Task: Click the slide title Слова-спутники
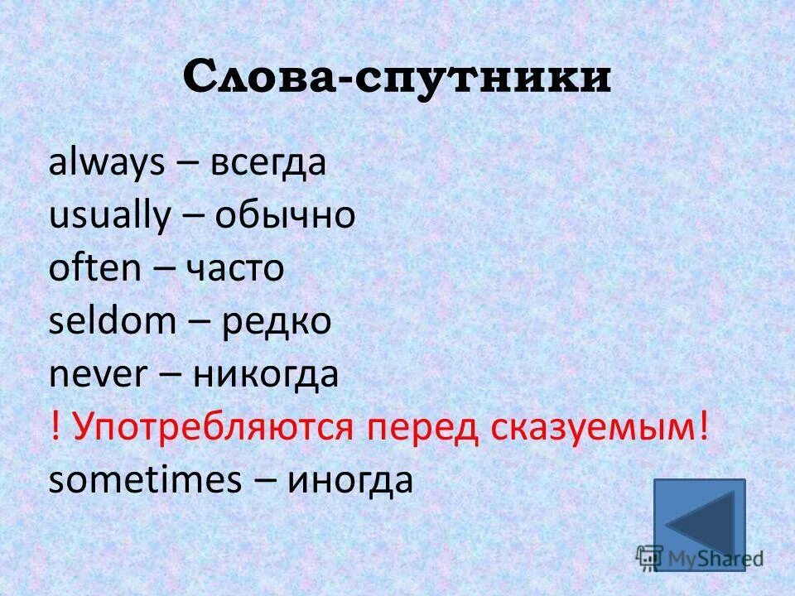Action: click(397, 78)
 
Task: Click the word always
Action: click(107, 164)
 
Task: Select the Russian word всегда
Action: click(268, 164)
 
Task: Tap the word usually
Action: click(108, 217)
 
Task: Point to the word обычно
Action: click(285, 217)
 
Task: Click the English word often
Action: click(94, 269)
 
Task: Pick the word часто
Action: click(234, 270)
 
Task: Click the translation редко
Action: click(276, 323)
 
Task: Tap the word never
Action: click(98, 375)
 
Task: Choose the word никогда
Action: click(266, 376)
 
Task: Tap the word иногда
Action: click(349, 481)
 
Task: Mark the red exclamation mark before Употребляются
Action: click(55, 428)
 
